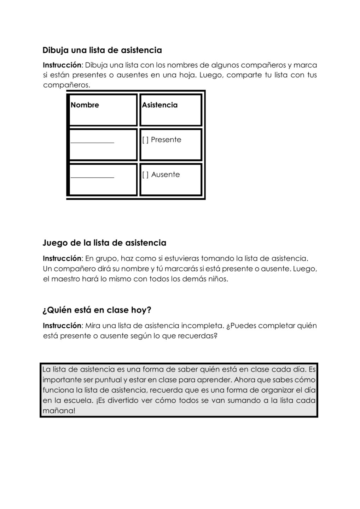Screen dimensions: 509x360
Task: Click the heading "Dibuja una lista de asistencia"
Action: (102, 50)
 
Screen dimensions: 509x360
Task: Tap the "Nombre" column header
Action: (85, 105)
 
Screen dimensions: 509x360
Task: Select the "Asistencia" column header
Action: (160, 105)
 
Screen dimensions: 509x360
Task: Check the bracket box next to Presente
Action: (145, 140)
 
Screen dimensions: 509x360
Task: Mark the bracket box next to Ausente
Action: (145, 175)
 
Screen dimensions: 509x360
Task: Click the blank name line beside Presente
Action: (92, 142)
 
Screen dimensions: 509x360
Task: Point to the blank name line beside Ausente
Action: (92, 177)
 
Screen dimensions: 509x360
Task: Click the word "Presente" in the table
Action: (166, 140)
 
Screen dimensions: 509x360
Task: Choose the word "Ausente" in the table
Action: (166, 175)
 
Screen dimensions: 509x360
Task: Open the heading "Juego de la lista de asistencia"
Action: (104, 243)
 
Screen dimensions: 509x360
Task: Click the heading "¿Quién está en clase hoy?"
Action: (97, 310)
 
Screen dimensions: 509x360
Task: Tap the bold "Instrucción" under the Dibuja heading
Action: (62, 65)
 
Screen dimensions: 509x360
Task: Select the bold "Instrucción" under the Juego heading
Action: (62, 258)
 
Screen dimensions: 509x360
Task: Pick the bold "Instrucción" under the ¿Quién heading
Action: (62, 326)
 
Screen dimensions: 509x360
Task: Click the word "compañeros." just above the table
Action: (66, 85)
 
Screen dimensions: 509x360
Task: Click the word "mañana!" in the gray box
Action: (59, 411)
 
